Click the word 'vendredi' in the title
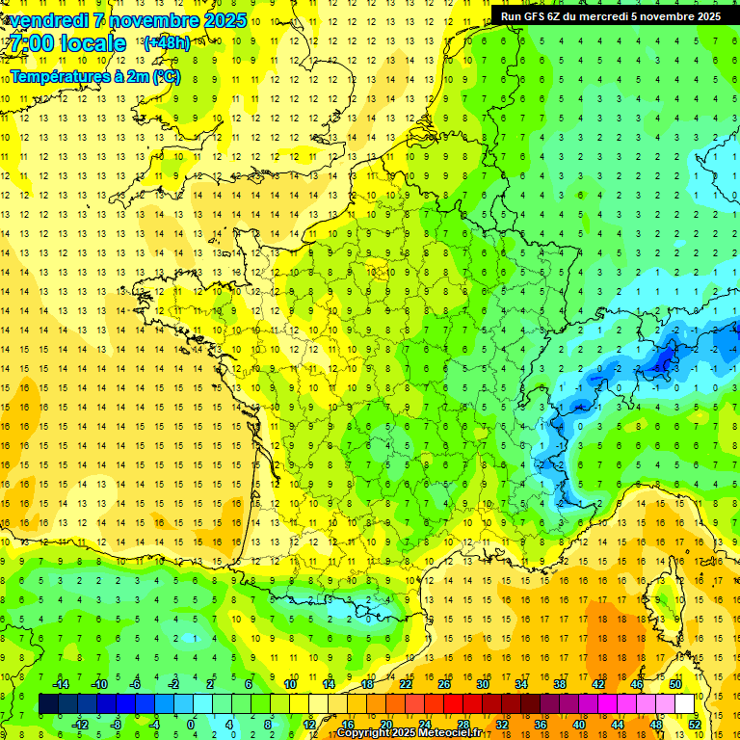tap(45, 20)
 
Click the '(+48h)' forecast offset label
tap(167, 43)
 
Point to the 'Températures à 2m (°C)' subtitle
tap(95, 76)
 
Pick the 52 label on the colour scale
tap(695, 724)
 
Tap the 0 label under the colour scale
tap(191, 724)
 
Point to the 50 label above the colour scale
tap(674, 683)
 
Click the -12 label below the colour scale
tap(80, 724)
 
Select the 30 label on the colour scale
tap(482, 683)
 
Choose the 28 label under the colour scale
tap(463, 724)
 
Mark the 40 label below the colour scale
tap(579, 724)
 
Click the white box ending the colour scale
tap(685, 704)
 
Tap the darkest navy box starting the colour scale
tap(48, 704)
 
